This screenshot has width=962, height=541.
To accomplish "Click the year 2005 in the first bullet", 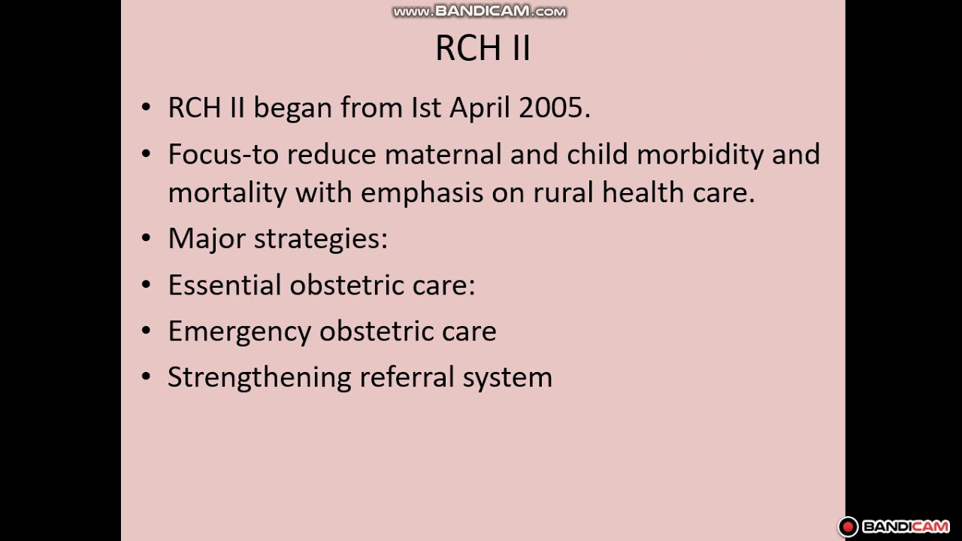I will pyautogui.click(x=554, y=107).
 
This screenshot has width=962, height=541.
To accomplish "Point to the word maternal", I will pyautogui.click(x=443, y=154).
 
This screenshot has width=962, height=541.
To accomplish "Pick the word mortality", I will pyautogui.click(x=227, y=193).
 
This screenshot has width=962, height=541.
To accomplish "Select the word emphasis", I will pyautogui.click(x=422, y=193).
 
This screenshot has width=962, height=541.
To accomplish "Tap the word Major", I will pyautogui.click(x=207, y=239).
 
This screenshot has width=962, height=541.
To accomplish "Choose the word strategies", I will pyautogui.click(x=320, y=239).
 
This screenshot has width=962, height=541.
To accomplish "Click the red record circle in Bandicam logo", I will pyautogui.click(x=849, y=527).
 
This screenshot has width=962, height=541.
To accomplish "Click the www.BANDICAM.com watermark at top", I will pyautogui.click(x=479, y=11).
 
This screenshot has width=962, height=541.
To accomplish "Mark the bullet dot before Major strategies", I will pyautogui.click(x=147, y=239).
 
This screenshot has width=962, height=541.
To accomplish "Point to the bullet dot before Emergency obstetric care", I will pyautogui.click(x=147, y=332).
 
